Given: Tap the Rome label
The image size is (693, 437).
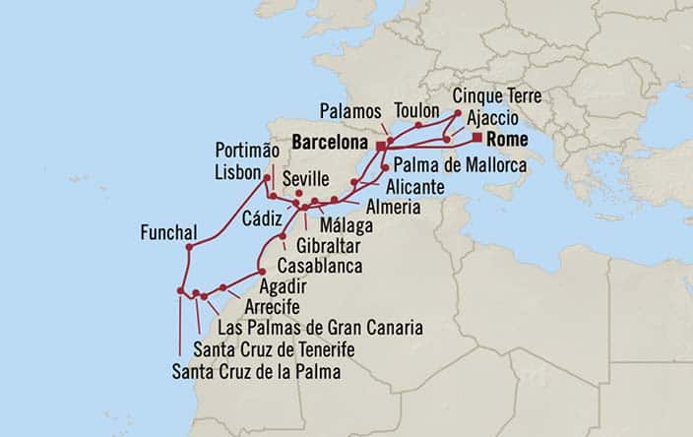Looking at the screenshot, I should tap(506, 140).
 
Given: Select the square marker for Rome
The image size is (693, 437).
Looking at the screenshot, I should tap(477, 138).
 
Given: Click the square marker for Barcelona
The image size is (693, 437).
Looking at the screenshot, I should tap(380, 145).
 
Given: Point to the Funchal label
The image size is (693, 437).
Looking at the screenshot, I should tap(169, 234).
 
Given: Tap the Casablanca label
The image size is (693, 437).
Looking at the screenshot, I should tap(320, 266).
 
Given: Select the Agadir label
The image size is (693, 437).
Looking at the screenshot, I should tap(283, 286).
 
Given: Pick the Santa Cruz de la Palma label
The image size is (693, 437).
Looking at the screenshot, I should tap(256, 372).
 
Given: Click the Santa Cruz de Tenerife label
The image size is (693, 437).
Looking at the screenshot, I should tap(274, 349).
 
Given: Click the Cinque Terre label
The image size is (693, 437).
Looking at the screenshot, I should tap(498, 96).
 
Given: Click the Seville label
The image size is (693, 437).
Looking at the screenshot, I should tap(303, 179).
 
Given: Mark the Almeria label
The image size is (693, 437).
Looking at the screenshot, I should tap(394, 208).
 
